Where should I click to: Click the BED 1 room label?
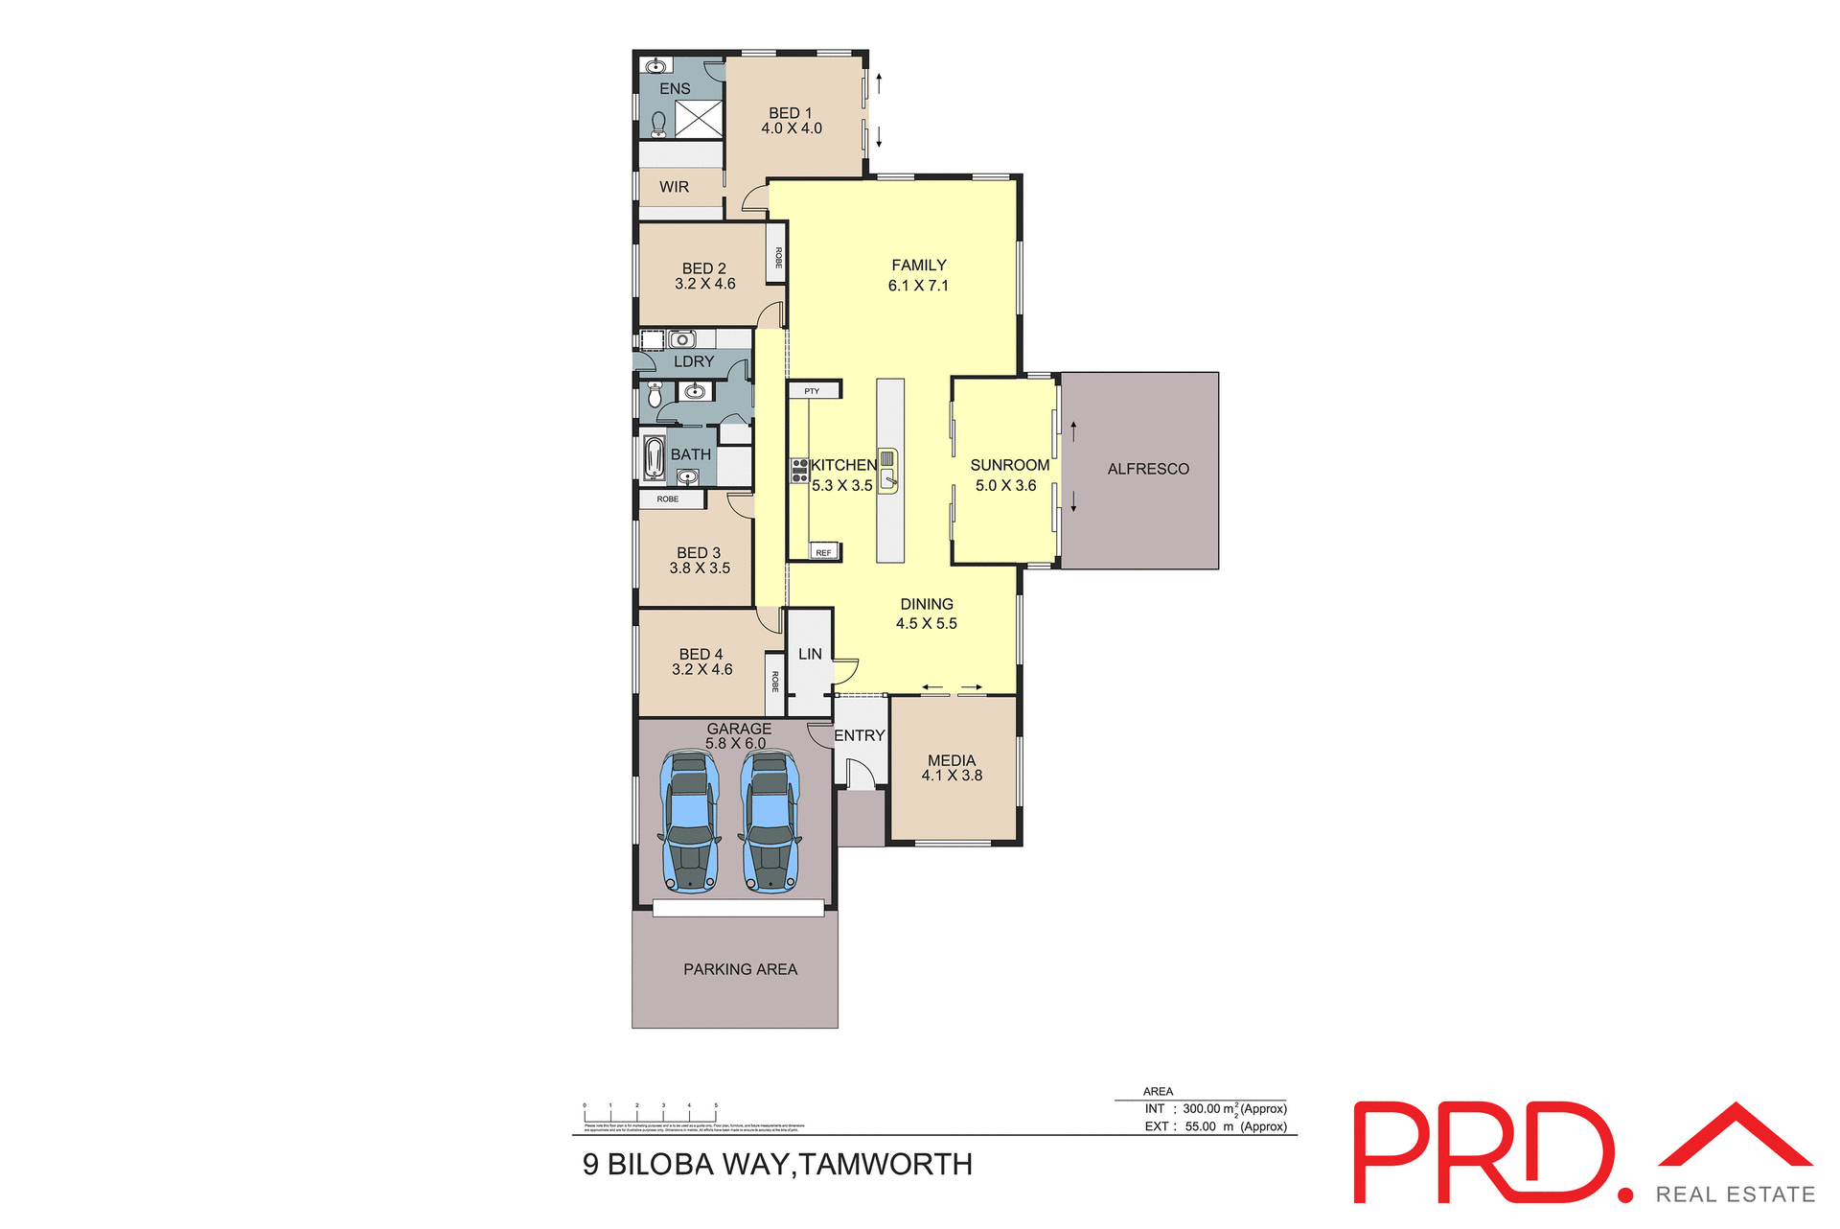click(790, 113)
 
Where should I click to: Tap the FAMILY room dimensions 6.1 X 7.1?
click(918, 286)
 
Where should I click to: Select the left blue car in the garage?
click(689, 822)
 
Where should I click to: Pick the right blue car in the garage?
click(770, 822)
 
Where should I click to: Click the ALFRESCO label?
click(1148, 469)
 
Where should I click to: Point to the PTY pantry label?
click(812, 391)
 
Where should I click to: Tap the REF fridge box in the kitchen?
click(824, 552)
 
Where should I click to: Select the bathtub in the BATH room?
click(655, 457)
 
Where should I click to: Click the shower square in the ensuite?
click(699, 119)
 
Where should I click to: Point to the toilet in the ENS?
click(658, 123)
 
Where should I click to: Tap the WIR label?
click(674, 187)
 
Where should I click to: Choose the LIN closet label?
click(810, 654)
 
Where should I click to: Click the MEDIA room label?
click(952, 760)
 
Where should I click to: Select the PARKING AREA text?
click(740, 969)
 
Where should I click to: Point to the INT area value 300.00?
click(1202, 1108)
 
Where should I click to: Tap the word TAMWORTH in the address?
click(886, 1164)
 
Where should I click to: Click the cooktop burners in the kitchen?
click(799, 470)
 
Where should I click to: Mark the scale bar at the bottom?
click(650, 1114)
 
